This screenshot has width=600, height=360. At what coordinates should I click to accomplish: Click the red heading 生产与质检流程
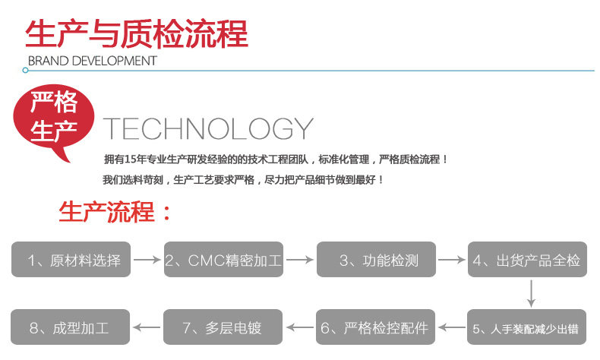point(137,34)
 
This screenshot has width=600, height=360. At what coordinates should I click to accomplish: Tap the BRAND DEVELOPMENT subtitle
point(92,61)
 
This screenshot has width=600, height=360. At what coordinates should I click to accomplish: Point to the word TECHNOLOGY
point(207,128)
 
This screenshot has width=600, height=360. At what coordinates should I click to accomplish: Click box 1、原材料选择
point(71,260)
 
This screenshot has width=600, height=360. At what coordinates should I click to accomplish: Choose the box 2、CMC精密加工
point(223,260)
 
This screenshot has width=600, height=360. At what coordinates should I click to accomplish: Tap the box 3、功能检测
point(377,260)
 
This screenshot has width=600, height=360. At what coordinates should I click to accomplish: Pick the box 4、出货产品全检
point(527,260)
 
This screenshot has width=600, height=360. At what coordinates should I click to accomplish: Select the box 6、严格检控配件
point(375,328)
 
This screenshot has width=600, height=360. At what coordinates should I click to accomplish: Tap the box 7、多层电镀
point(223,328)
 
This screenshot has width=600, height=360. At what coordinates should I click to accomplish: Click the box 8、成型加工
point(71,328)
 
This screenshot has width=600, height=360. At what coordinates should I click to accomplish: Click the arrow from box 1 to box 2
point(147,260)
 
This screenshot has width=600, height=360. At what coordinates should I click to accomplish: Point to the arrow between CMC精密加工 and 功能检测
point(300,260)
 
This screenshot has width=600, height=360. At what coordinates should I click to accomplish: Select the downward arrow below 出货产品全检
point(532,294)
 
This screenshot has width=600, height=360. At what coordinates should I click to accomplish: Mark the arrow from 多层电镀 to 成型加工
point(147,328)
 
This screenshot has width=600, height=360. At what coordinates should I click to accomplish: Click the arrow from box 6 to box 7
point(300,328)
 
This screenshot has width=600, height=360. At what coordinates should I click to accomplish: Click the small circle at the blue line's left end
point(25,70)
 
